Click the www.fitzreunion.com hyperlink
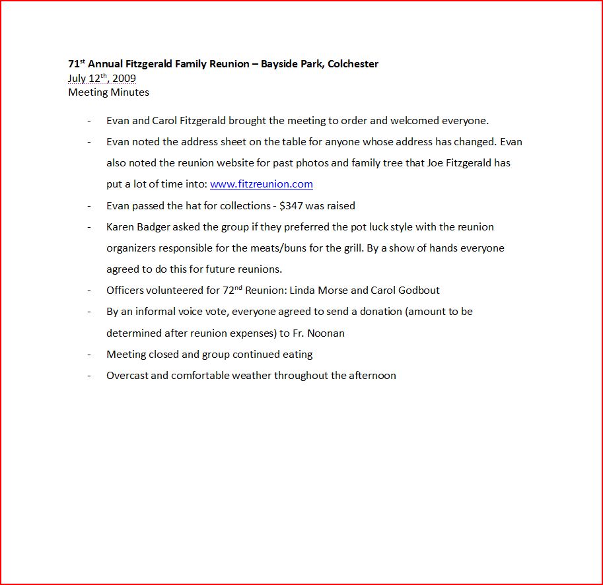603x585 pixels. point(261,184)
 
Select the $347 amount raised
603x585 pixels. point(291,205)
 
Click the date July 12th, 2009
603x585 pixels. point(102,79)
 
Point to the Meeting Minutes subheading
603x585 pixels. point(108,92)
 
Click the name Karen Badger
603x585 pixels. point(135,227)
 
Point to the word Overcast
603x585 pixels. point(127,376)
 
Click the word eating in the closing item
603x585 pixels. point(297,355)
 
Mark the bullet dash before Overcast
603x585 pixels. point(89,376)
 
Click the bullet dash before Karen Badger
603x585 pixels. point(89,227)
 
